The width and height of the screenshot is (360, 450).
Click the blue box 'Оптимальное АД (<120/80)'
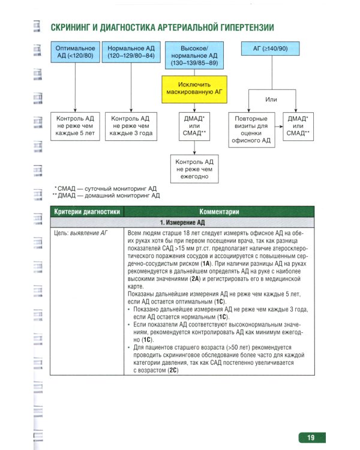[x=74, y=52]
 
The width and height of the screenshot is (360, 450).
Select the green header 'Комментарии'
[x=220, y=211]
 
